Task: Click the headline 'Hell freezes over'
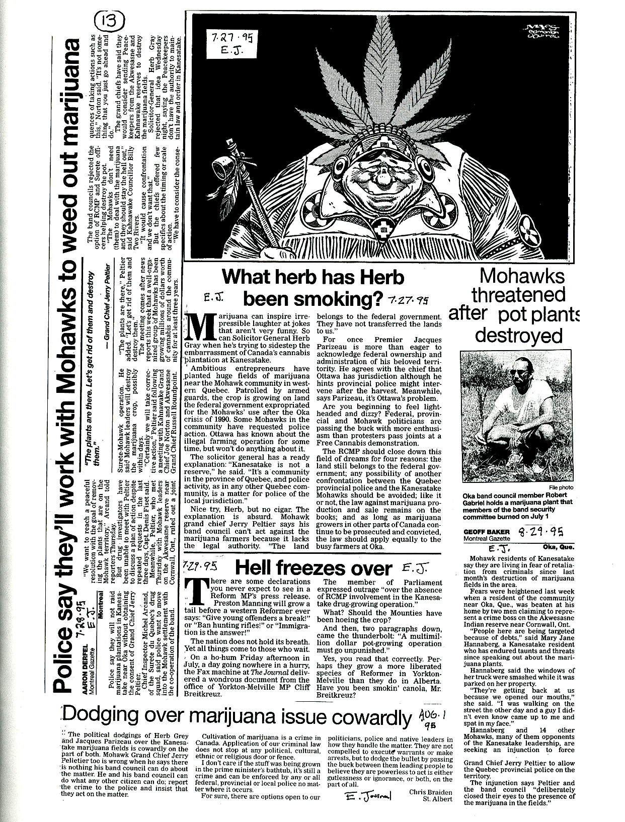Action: click(x=313, y=568)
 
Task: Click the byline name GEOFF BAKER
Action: click(x=487, y=532)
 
